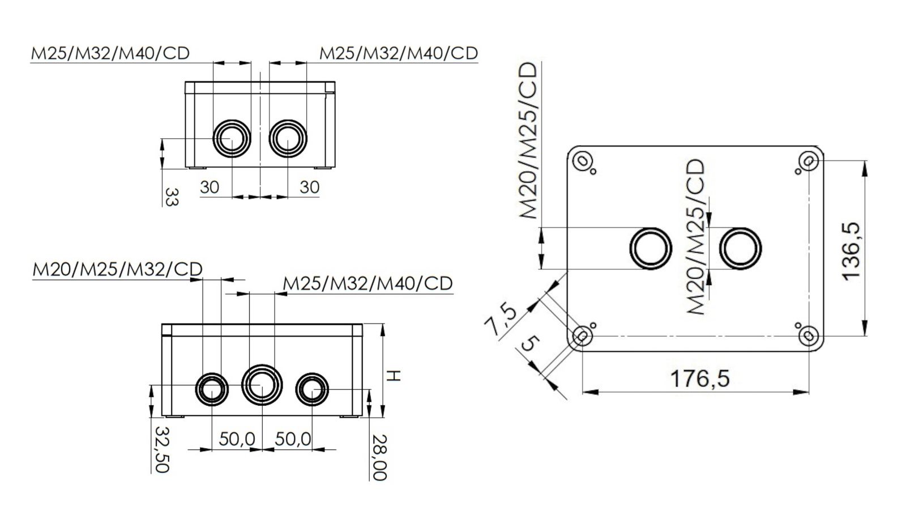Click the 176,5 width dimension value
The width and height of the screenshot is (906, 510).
coord(700,378)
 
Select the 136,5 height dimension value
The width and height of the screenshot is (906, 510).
coord(851,250)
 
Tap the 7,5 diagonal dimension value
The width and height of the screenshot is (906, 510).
coord(501,321)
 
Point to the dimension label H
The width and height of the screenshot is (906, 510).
coord(394,375)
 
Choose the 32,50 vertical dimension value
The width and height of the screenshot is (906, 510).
coord(162,449)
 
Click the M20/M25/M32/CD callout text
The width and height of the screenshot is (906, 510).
coord(117,269)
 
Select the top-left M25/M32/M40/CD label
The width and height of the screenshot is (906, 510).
coord(110,53)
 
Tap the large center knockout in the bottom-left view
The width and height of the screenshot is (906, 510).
coord(262,385)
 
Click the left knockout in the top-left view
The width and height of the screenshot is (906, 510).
coord(231,138)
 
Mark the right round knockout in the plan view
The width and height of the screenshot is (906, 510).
coord(740,248)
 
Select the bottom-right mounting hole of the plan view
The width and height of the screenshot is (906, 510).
coord(808,336)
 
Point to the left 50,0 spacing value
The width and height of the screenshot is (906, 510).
coord(237,439)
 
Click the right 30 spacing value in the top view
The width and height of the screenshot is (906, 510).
coord(309,187)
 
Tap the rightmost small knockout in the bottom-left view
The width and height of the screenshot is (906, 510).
coord(312,389)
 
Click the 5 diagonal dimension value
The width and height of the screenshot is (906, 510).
coord(531,344)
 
